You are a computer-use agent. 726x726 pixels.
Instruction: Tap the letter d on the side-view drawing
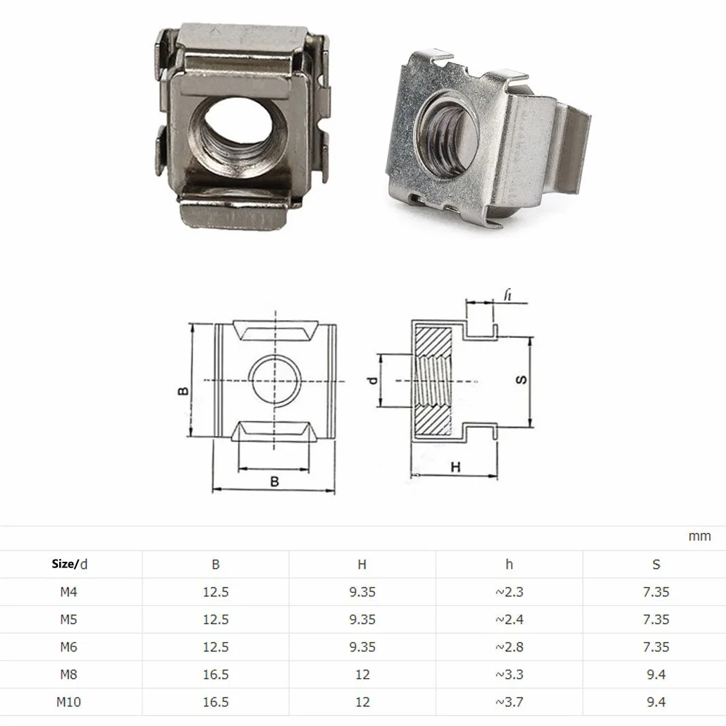372,381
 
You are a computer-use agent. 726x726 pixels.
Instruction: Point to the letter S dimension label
521,380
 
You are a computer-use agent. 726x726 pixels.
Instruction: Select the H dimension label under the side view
455,467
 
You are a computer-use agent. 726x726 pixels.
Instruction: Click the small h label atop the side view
508,295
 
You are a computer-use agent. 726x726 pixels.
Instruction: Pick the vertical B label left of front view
183,390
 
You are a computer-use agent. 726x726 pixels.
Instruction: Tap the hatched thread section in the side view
433,381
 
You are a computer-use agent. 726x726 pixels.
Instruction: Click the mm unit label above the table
699,536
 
